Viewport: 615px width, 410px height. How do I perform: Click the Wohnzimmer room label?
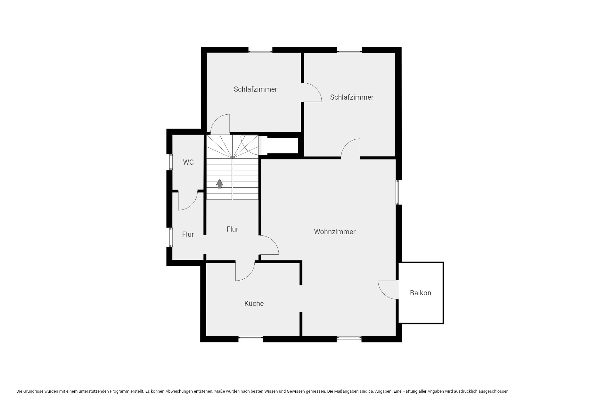(x=335, y=232)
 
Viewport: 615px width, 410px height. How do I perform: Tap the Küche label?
(x=254, y=303)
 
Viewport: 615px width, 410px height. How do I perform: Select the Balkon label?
(x=421, y=293)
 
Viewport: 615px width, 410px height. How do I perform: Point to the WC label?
(x=188, y=162)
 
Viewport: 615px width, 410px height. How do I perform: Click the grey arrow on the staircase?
(x=219, y=184)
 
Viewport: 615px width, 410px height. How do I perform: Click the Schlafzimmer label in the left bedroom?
(x=255, y=89)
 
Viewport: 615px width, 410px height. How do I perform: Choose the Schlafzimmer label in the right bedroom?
(x=352, y=97)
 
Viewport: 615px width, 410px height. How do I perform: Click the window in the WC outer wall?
(x=171, y=162)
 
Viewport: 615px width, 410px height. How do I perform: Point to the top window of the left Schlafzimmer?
(x=260, y=51)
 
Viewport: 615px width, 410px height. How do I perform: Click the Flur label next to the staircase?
(x=232, y=229)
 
